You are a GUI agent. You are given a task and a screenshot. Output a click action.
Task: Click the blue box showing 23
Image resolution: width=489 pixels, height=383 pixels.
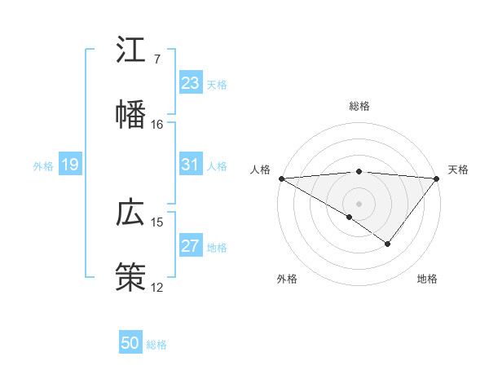(191, 82)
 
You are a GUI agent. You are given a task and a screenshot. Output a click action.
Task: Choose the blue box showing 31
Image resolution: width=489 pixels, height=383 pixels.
(191, 165)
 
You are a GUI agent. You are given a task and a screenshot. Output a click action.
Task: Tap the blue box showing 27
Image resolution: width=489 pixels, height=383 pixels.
(191, 246)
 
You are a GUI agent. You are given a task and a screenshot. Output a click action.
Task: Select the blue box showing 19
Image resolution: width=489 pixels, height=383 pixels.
(70, 165)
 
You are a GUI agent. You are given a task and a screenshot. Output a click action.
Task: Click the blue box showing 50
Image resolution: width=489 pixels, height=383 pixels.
(130, 343)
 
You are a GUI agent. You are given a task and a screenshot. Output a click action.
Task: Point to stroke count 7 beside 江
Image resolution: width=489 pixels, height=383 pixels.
(156, 59)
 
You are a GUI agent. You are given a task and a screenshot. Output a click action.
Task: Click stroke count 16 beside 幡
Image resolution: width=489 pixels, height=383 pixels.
(156, 125)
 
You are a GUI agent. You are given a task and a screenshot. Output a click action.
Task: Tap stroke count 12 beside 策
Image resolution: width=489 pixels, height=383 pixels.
(156, 287)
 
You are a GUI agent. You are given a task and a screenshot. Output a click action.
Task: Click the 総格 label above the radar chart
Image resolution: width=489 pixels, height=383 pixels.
(359, 106)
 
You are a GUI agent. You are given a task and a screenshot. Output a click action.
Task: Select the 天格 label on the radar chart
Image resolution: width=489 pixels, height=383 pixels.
(458, 169)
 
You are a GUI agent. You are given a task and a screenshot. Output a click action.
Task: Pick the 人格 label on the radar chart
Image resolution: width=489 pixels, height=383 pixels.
(260, 169)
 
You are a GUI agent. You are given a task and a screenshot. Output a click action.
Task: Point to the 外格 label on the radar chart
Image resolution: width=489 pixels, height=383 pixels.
(287, 280)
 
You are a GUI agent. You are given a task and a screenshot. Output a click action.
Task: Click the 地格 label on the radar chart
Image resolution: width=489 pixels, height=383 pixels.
(427, 280)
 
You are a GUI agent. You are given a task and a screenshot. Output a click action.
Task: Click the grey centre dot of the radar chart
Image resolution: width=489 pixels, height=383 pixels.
(359, 203)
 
